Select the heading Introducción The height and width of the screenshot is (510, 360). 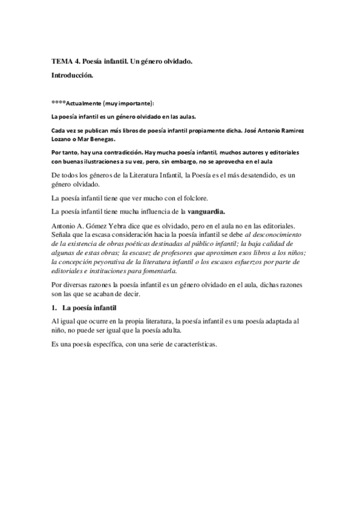coord(72,76)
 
